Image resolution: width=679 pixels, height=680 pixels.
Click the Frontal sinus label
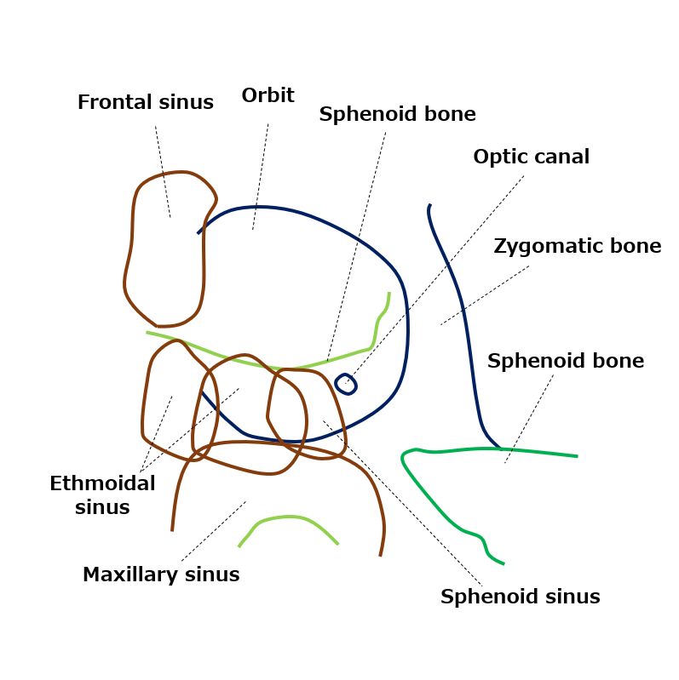pos(146,102)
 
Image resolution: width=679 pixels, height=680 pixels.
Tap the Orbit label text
pos(268,95)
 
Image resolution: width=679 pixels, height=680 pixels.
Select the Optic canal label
pos(532,157)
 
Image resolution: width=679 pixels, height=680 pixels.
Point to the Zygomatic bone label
pos(578,246)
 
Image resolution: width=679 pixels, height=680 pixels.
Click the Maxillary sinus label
pos(161,574)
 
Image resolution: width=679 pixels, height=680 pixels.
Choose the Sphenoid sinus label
pos(520,597)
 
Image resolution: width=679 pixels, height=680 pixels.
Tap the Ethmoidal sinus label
pos(102,494)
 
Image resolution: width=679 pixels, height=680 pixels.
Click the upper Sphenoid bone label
pos(397,114)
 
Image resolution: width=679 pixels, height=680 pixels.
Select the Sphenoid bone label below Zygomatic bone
pos(566,361)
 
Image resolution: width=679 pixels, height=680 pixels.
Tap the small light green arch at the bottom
pos(289,517)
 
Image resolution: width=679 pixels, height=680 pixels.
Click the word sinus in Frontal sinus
pos(186,102)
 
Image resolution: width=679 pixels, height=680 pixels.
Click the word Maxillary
pos(129,574)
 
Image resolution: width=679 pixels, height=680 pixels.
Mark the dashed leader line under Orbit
pos(261,176)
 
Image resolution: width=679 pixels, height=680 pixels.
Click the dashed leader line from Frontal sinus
pos(163,172)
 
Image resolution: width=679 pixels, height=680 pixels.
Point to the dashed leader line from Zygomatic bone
pos(485,295)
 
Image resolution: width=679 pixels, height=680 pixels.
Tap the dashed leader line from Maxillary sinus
pos(214,532)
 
